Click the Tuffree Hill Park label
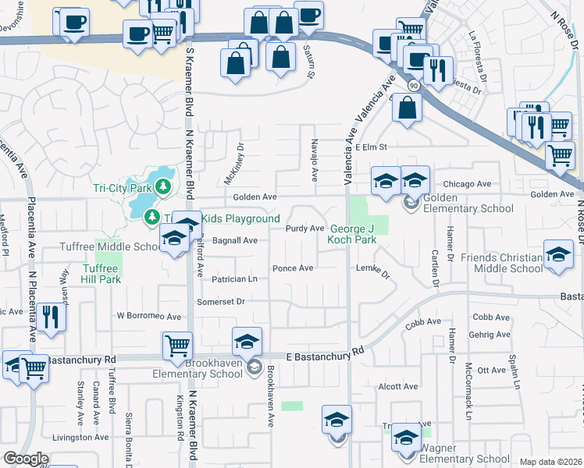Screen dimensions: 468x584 click(101, 274)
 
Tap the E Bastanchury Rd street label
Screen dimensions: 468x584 click(324, 354)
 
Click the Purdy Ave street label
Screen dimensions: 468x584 click(304, 229)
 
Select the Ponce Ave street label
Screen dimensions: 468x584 click(293, 268)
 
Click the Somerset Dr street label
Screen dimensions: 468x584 click(221, 301)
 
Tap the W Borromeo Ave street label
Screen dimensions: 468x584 click(148, 317)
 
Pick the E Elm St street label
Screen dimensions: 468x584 click(371, 147)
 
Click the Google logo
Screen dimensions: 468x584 click(26, 459)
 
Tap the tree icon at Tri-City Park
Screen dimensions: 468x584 click(163, 186)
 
